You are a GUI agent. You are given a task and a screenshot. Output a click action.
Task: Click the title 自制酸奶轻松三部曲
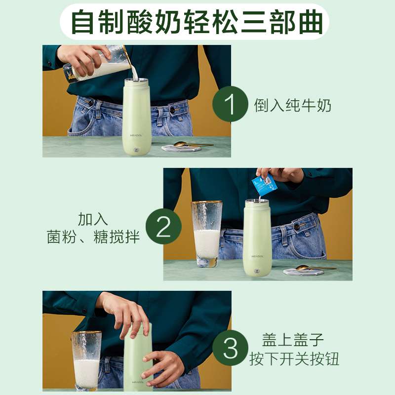[x=197, y=22]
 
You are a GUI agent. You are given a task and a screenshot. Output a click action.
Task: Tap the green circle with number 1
[x=230, y=104]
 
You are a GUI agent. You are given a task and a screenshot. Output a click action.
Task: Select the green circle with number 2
[x=163, y=226]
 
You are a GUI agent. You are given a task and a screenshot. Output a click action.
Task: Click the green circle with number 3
[x=230, y=348]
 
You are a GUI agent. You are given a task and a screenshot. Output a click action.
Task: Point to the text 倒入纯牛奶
[x=292, y=105]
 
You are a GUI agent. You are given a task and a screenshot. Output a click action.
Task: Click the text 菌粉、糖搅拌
[x=93, y=237]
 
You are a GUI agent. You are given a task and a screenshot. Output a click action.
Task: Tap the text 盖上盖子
[x=293, y=340]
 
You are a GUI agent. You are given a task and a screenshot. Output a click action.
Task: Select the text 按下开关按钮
[x=294, y=358]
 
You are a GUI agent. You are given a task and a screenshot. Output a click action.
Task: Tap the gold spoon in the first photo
[x=193, y=145]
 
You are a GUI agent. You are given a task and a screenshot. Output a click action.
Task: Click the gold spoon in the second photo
[x=316, y=268]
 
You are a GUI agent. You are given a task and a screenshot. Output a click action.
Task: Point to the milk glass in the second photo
[x=207, y=234]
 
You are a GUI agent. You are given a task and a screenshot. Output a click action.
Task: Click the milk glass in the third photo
[x=86, y=361]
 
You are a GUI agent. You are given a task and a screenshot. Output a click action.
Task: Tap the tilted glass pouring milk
[x=99, y=64]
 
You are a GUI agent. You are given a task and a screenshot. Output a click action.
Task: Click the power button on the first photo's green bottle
[x=137, y=151]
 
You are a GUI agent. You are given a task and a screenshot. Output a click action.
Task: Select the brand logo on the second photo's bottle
[x=257, y=256]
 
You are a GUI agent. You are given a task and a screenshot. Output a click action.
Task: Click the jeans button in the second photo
[x=297, y=227]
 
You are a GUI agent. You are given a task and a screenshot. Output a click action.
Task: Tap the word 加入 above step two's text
[x=93, y=219]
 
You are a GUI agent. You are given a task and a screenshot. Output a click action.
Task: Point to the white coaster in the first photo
[x=181, y=148]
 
